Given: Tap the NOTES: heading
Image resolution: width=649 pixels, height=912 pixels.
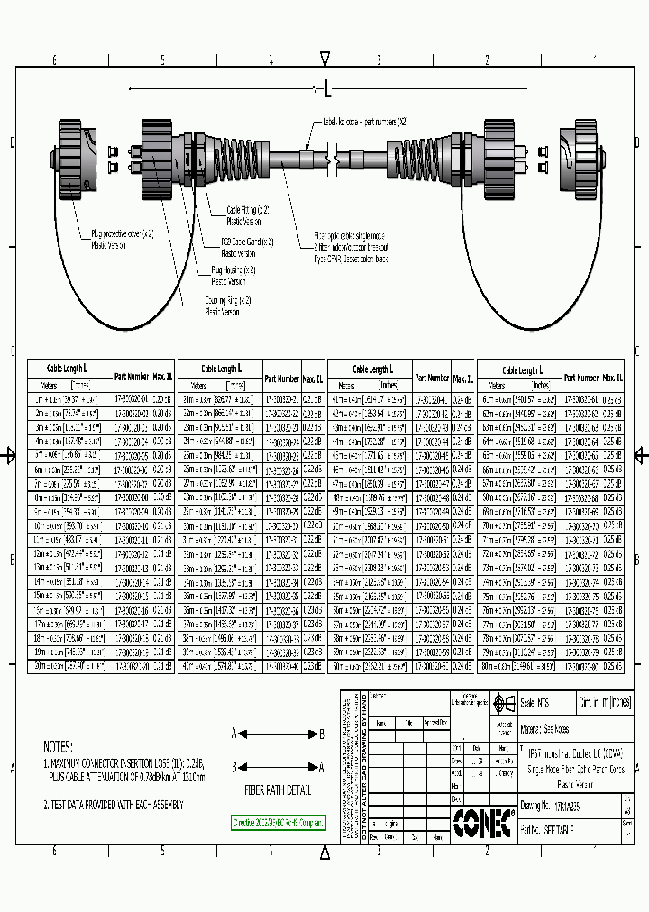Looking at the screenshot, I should point(58,747).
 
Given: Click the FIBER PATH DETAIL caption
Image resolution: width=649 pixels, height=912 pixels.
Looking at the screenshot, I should point(278,791).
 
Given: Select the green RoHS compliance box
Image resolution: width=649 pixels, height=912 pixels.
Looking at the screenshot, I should point(279,823).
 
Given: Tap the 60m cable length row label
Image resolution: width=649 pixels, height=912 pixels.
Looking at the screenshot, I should point(343,666).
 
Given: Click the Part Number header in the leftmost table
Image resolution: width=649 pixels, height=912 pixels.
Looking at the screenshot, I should point(132,377).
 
